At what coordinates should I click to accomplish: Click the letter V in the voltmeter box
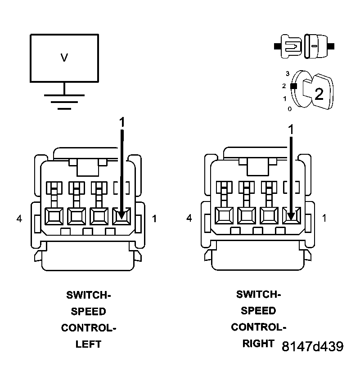click(64, 58)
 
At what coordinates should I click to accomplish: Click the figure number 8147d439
click(313, 346)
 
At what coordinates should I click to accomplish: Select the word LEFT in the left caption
click(88, 345)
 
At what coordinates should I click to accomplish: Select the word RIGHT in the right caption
click(258, 344)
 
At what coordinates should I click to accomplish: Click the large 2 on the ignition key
click(319, 94)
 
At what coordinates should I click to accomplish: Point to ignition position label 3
click(287, 73)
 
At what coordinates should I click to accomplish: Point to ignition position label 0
click(290, 108)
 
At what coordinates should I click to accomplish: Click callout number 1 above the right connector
click(291, 129)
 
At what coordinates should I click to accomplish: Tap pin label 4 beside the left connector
click(19, 219)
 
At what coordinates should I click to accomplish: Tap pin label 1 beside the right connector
click(324, 219)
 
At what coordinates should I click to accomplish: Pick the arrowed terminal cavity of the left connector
click(121, 216)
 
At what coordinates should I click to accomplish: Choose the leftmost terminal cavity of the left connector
click(54, 216)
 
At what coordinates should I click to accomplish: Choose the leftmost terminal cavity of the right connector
click(224, 216)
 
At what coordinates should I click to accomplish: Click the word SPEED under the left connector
click(88, 311)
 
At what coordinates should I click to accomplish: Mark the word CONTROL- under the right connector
click(258, 327)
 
